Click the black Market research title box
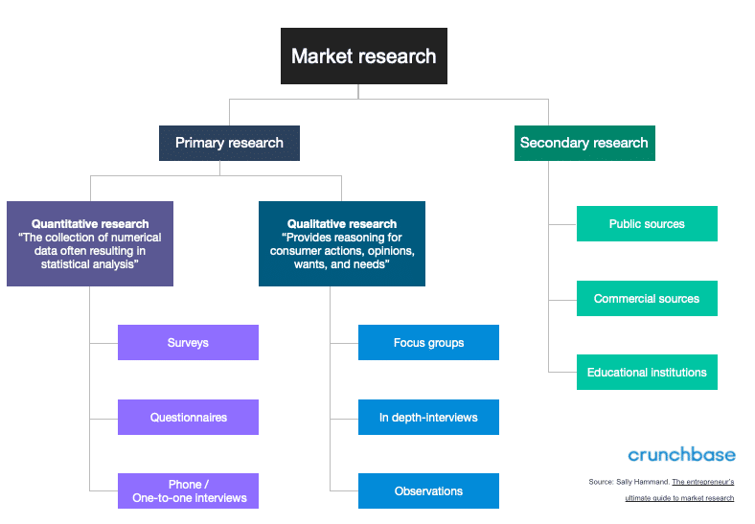point(363,57)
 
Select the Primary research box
point(229,143)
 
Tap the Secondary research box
point(583,143)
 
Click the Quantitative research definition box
point(90,243)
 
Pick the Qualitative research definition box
point(342,243)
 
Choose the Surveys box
point(188,342)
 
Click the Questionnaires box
point(188,417)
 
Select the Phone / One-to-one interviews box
point(188,490)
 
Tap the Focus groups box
point(428,342)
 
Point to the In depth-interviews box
point(428,417)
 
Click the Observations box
point(428,490)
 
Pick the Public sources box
point(647,223)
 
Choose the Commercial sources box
point(647,298)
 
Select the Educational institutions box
point(647,372)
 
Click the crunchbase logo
point(681,454)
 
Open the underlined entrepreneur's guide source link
point(702,481)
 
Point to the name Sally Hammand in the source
point(644,481)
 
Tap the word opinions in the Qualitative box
point(387,251)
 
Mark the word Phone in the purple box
point(185,484)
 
